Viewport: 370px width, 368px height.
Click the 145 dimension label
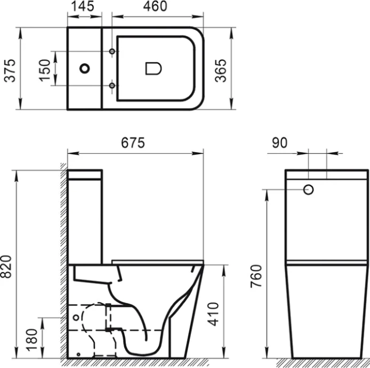(x=83, y=7)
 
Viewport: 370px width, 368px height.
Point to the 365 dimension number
(x=220, y=69)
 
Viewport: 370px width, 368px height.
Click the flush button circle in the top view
(x=85, y=68)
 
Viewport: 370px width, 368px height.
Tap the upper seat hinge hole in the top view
(x=112, y=51)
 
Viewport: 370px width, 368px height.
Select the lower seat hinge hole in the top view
(x=112, y=85)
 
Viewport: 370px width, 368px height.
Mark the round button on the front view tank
(x=309, y=189)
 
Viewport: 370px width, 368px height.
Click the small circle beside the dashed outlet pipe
(x=76, y=318)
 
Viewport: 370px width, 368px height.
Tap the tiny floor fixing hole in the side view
(x=78, y=353)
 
